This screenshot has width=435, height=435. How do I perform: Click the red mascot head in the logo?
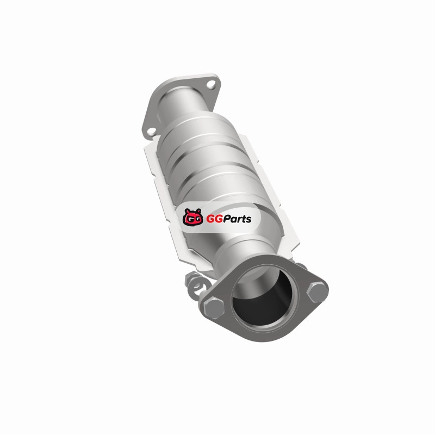pos(192,217)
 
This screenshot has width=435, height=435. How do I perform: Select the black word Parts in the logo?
pos(237,219)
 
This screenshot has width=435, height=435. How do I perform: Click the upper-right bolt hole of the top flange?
pos(212,84)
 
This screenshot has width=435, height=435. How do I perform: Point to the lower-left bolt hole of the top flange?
pos(151,130)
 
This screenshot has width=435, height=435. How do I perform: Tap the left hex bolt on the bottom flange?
pos(214,308)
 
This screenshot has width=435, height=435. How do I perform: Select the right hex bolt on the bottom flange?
pos(317,291)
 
